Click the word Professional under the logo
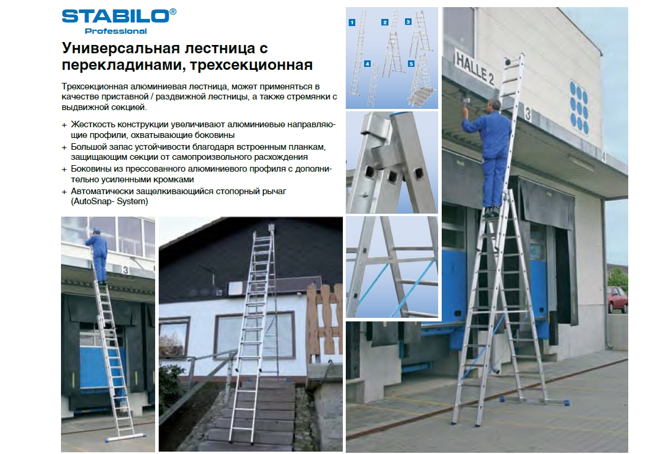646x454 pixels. (x=116, y=31)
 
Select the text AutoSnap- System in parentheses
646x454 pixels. (x=109, y=201)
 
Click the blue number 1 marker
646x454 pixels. (x=352, y=22)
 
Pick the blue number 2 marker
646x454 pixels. (x=385, y=22)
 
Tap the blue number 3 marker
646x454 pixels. (x=408, y=21)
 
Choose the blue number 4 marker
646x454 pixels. (x=367, y=64)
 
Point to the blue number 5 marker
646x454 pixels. (x=411, y=63)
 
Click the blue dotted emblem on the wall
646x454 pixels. (x=579, y=107)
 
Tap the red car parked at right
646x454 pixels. (x=617, y=300)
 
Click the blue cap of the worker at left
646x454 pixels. (x=97, y=230)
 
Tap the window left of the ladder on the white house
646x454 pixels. (x=174, y=336)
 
